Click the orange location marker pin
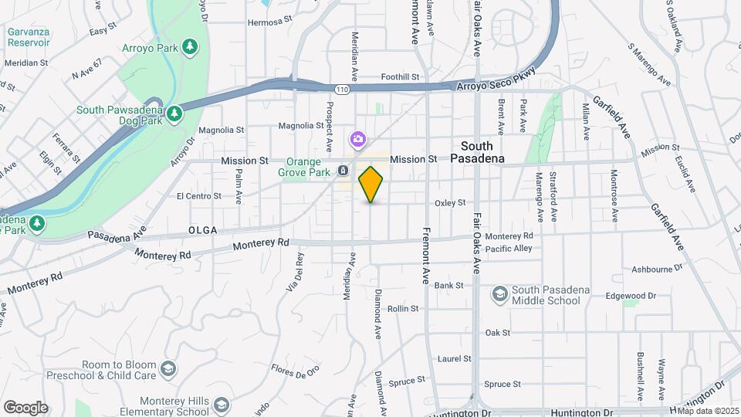pyautogui.click(x=371, y=185)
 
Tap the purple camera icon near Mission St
pyautogui.click(x=358, y=140)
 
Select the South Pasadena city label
pyautogui.click(x=482, y=152)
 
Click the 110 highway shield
pyautogui.click(x=342, y=90)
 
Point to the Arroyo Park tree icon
pyautogui.click(x=190, y=48)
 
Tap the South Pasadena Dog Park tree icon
pyautogui.click(x=176, y=114)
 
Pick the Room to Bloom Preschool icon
pyautogui.click(x=168, y=370)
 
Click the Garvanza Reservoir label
pyautogui.click(x=29, y=37)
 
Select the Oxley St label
pyautogui.click(x=450, y=203)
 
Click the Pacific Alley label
pyautogui.click(x=509, y=249)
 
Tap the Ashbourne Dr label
pyautogui.click(x=658, y=270)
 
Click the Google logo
pyautogui.click(x=25, y=407)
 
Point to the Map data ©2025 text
pyautogui.click(x=708, y=410)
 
